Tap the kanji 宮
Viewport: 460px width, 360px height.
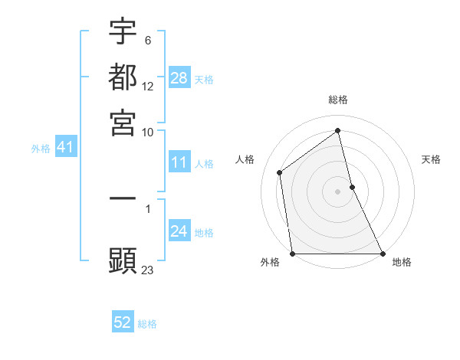tap(123, 122)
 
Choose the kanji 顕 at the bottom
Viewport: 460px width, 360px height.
tap(123, 260)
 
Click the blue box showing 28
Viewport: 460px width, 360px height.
tap(179, 78)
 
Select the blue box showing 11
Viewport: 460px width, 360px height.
tap(179, 162)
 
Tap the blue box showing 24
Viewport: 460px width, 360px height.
tap(179, 231)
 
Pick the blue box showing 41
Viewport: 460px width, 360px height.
tap(64, 147)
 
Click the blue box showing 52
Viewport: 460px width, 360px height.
tap(123, 322)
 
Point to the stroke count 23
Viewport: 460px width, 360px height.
tap(148, 270)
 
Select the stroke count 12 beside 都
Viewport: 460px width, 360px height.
tap(148, 86)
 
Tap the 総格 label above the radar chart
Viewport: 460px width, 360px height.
tap(338, 100)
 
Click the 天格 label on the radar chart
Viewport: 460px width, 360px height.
tap(432, 159)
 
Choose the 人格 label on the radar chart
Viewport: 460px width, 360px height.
tap(245, 159)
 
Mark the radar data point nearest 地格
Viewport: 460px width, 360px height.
tap(382, 254)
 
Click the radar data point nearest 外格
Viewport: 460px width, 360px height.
tap(293, 254)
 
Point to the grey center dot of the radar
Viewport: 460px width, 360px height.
tap(338, 191)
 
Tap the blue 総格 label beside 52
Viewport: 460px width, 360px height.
tap(147, 324)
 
